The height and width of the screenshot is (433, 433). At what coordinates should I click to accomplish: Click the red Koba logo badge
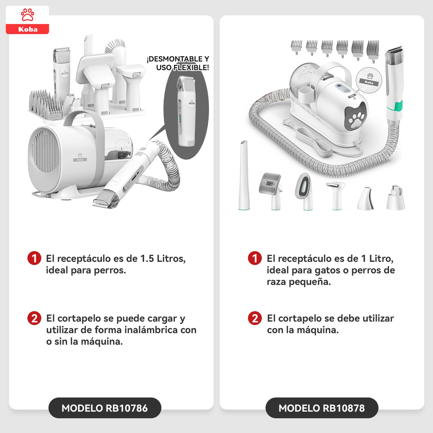(27, 20)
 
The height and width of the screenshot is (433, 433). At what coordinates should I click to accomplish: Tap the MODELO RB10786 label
(105, 408)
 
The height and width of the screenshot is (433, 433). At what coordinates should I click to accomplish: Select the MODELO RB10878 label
(322, 408)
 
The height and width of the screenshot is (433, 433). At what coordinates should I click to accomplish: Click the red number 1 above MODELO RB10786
(34, 258)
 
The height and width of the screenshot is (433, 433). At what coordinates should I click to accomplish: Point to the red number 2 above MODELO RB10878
(255, 318)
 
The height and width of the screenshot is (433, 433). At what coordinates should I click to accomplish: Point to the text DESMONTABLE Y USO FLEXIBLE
(178, 63)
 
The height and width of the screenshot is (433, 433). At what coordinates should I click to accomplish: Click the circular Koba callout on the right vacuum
(369, 80)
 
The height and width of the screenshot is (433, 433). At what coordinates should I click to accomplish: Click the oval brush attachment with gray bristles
(304, 191)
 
